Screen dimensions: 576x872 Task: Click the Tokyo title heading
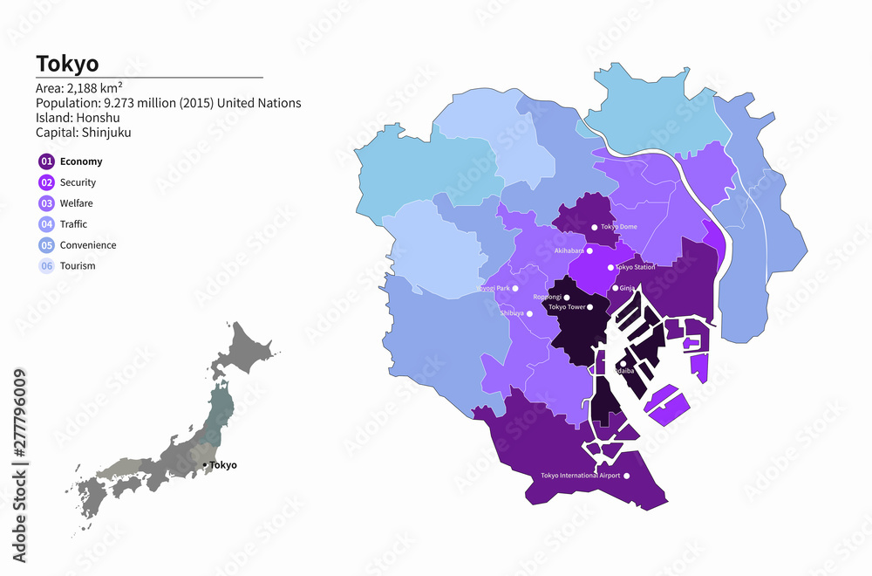click(x=67, y=64)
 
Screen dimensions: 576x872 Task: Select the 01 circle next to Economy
click(x=45, y=161)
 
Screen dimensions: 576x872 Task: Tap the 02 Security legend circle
click(x=45, y=182)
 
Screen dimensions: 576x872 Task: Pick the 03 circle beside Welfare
click(x=45, y=203)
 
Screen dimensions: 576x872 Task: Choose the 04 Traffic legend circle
click(x=45, y=224)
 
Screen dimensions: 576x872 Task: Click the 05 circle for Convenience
click(x=45, y=245)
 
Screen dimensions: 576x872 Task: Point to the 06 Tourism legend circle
click(x=45, y=266)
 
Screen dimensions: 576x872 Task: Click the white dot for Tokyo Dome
click(x=595, y=227)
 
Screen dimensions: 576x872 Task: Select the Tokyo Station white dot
click(x=610, y=267)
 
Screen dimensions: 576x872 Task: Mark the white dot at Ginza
click(x=615, y=288)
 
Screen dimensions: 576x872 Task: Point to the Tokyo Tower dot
click(x=590, y=307)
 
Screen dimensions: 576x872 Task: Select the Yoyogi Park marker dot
click(x=515, y=288)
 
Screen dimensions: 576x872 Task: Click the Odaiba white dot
click(x=623, y=364)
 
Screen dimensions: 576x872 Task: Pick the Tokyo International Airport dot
click(x=625, y=476)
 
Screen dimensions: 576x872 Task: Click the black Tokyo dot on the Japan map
click(x=205, y=465)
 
